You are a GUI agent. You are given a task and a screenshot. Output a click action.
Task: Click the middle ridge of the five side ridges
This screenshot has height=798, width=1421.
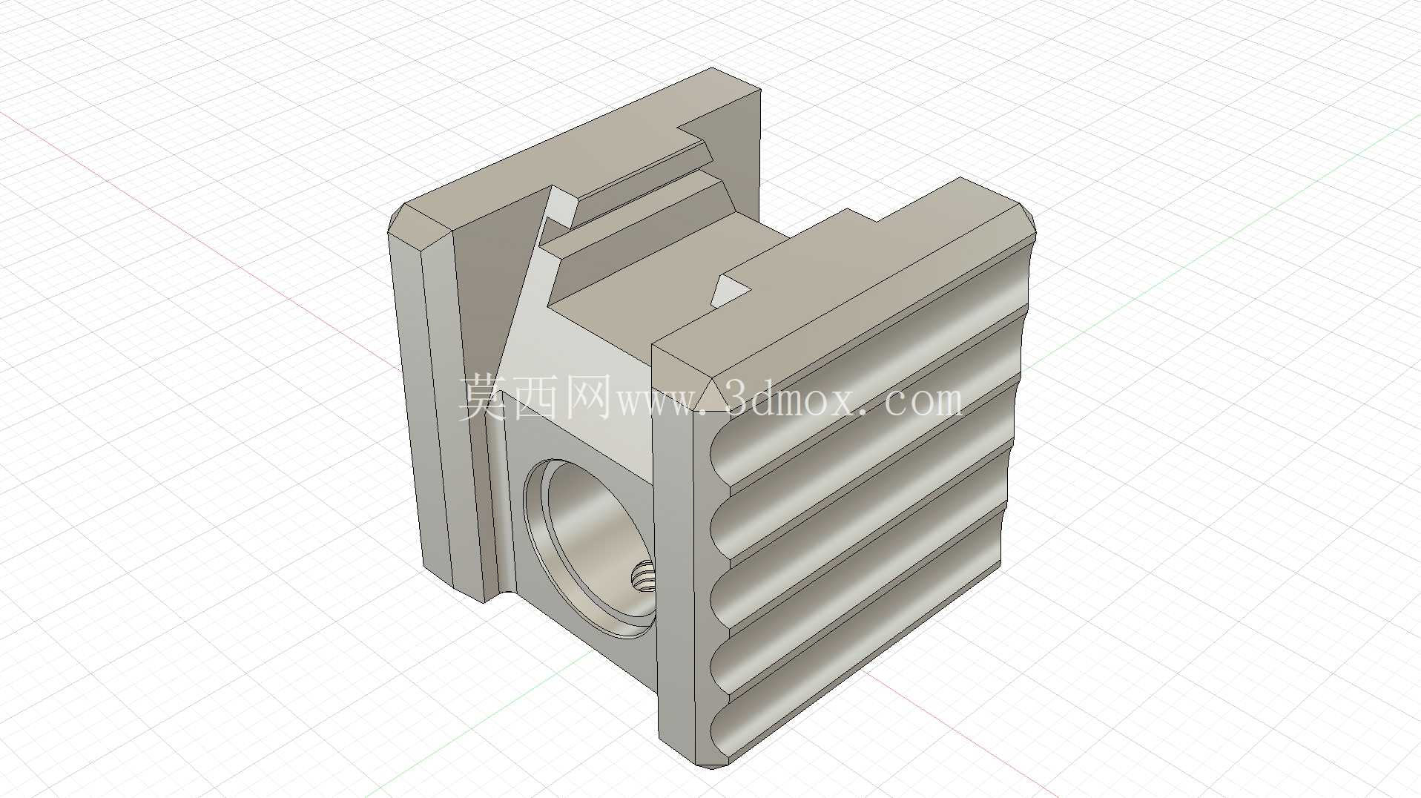pos(860,504)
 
